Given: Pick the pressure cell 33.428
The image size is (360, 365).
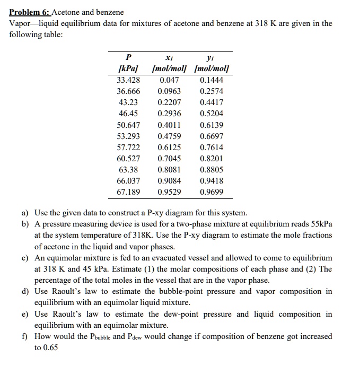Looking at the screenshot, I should coord(128,80).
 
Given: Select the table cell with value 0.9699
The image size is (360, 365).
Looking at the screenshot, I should coord(212,192).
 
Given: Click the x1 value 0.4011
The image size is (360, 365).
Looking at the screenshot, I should coord(170,125).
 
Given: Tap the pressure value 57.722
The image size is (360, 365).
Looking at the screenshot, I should coord(128,147).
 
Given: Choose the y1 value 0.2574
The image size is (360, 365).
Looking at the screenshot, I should coord(212,91).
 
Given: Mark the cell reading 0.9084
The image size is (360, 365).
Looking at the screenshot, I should coord(170,180).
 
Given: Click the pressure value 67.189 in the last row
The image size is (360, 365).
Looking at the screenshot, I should coord(128,192).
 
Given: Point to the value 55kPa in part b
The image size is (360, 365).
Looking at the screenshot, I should coord(320,224).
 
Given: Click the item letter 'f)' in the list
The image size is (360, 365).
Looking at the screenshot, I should coord(25,336).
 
